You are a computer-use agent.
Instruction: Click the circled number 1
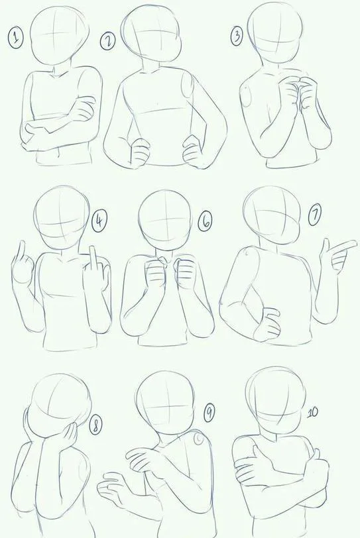[x=15, y=38]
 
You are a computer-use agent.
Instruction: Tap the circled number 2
[x=108, y=41]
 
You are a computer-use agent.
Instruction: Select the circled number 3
[x=237, y=36]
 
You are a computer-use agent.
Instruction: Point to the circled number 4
[x=99, y=221]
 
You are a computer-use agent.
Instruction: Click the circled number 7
[x=314, y=216]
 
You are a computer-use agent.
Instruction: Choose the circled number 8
[x=95, y=426]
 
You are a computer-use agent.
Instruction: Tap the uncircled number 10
[x=312, y=412]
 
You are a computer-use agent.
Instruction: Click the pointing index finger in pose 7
[x=342, y=247]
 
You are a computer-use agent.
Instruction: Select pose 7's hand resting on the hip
[x=267, y=324]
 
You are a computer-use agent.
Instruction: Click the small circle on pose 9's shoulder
[x=199, y=439]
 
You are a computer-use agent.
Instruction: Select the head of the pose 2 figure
[x=151, y=34]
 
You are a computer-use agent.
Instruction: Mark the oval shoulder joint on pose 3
[x=246, y=97]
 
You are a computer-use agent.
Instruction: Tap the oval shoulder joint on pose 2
[x=188, y=86]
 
